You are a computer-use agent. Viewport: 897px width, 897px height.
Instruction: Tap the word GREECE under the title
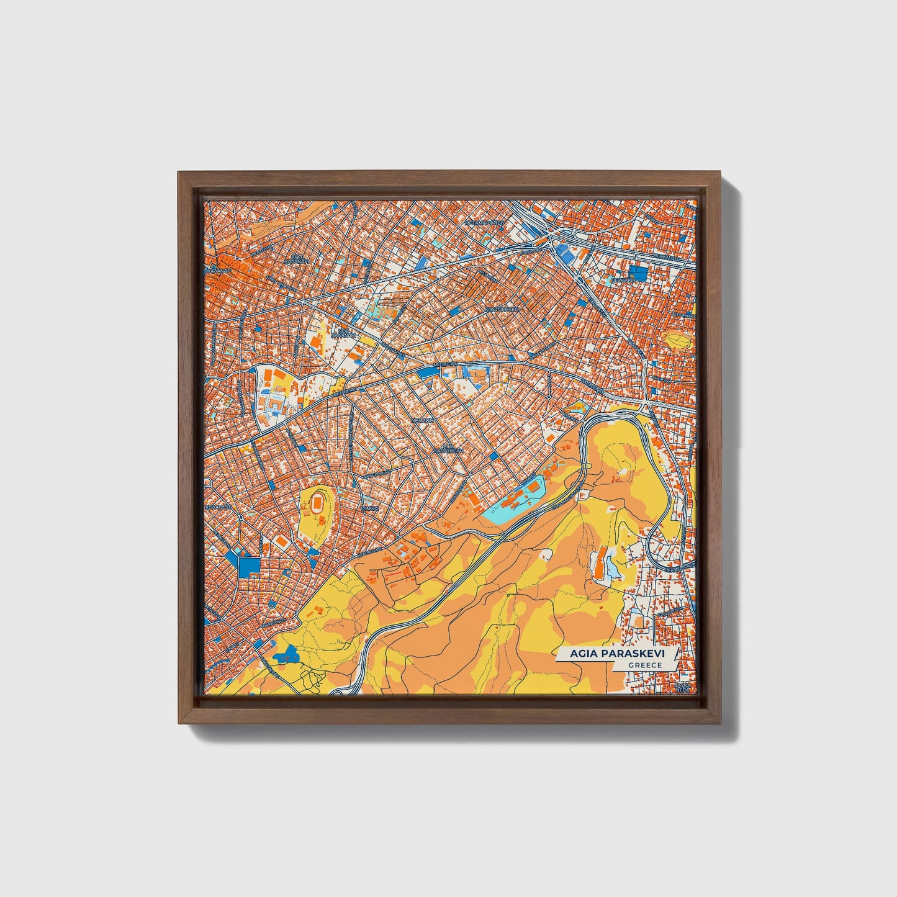click(x=644, y=665)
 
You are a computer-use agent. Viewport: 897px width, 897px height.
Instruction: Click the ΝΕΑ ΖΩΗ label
click(x=422, y=420)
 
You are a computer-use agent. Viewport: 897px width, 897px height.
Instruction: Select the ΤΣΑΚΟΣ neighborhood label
click(x=370, y=508)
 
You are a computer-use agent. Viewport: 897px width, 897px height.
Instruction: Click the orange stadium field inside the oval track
click(x=318, y=500)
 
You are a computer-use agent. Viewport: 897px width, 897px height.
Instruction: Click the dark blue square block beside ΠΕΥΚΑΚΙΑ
click(x=637, y=272)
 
